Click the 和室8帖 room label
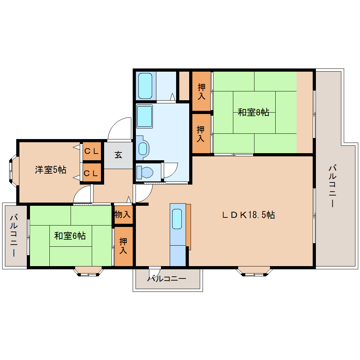pyautogui.click(x=253, y=113)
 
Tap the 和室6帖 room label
pyautogui.click(x=70, y=235)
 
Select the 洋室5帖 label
pyautogui.click(x=50, y=170)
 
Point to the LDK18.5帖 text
pyautogui.click(x=248, y=215)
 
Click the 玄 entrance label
pyautogui.click(x=118, y=155)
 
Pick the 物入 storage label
pyautogui.click(x=123, y=214)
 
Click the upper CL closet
pyautogui.click(x=91, y=151)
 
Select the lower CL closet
pyautogui.click(x=91, y=173)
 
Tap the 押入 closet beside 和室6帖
pyautogui.click(x=123, y=246)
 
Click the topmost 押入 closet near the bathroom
pyautogui.click(x=201, y=91)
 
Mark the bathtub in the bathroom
pyautogui.click(x=145, y=86)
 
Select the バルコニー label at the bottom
pyautogui.click(x=167, y=279)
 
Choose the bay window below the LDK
pyautogui.click(x=254, y=271)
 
